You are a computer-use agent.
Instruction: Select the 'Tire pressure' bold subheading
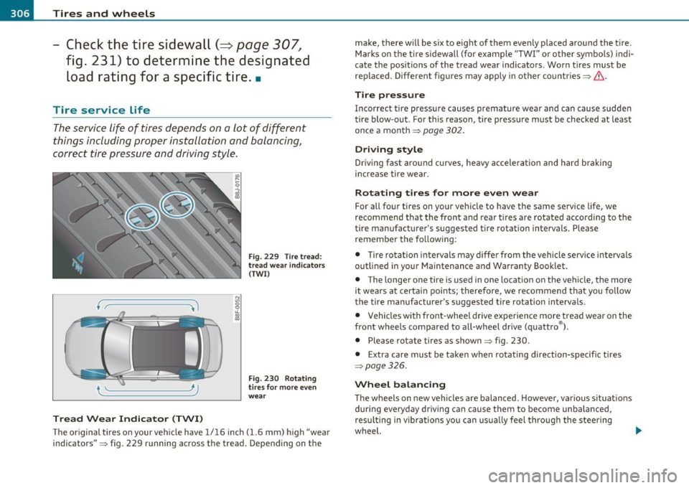395,93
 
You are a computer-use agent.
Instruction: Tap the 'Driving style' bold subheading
395,149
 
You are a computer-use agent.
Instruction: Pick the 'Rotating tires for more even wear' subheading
446,194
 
